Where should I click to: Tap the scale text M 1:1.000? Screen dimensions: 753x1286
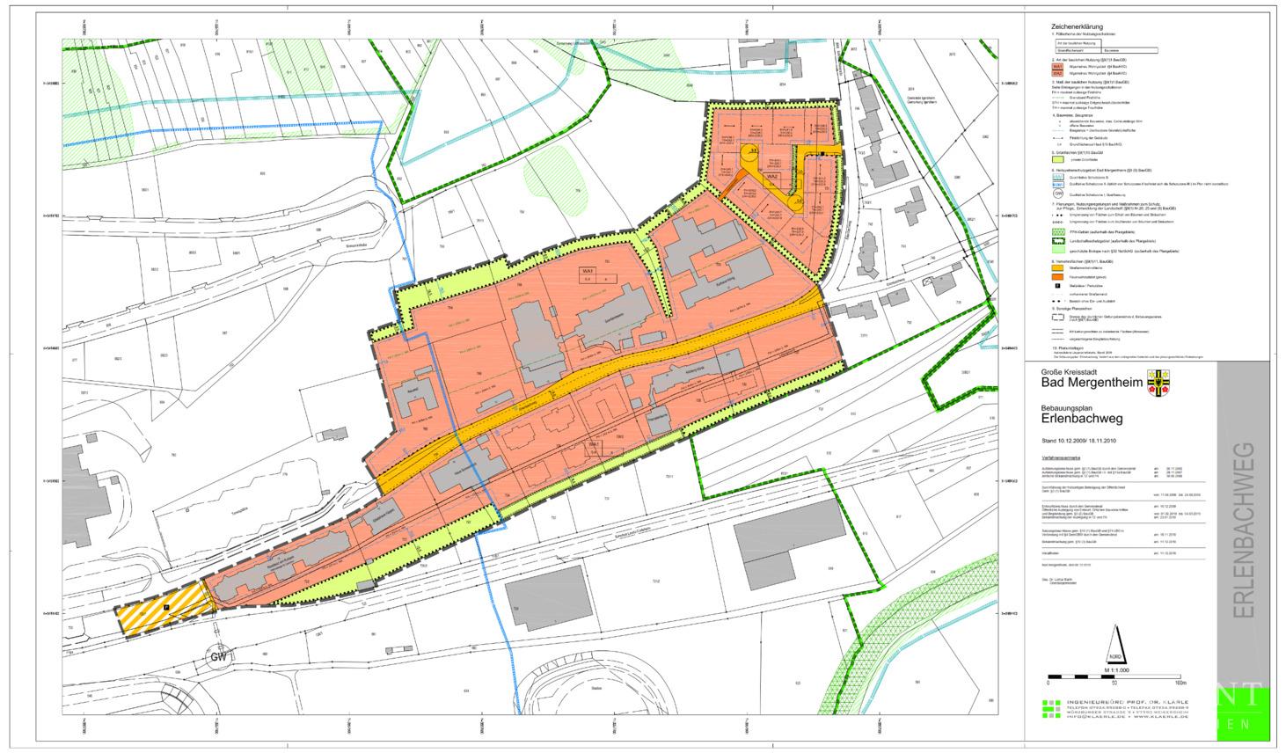tap(1114, 670)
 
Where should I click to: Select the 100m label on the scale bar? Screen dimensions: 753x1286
tap(1180, 683)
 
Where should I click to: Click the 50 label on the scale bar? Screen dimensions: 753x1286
tap(1114, 683)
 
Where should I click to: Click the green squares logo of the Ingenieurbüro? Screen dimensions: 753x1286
tap(1052, 710)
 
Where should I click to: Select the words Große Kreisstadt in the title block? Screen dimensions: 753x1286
tap(1066, 372)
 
